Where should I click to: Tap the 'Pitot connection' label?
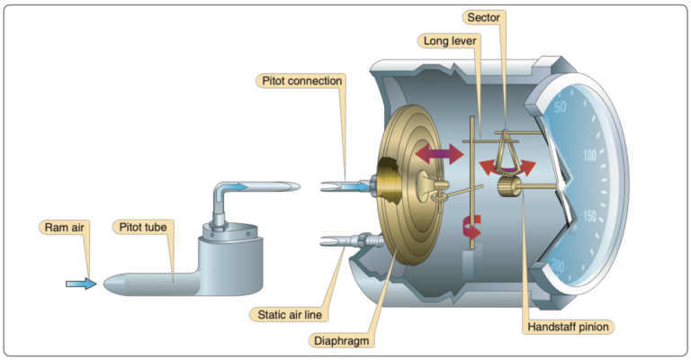301,81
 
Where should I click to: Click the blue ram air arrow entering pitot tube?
80,283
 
